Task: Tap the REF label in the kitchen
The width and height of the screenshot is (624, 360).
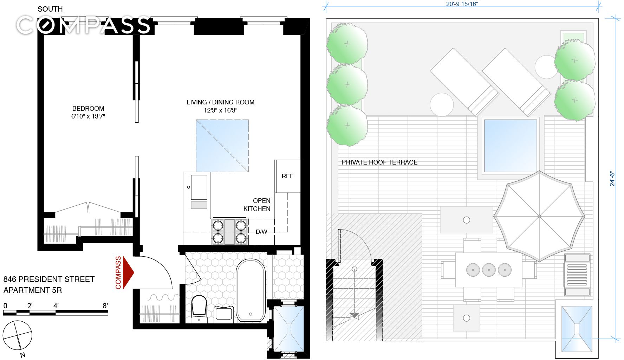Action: (287, 176)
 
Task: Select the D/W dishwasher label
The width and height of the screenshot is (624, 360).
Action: (261, 232)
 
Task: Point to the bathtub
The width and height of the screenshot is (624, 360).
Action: (251, 290)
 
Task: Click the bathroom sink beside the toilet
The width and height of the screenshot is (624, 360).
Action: (224, 313)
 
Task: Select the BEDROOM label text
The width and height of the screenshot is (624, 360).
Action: (88, 109)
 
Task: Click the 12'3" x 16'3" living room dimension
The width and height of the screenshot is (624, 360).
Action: (221, 110)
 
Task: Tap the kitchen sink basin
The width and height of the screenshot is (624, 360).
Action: (199, 187)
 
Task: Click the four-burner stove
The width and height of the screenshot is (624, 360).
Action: (229, 232)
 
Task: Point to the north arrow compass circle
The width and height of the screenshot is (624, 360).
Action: (18, 335)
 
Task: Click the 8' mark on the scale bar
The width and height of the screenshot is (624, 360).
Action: (105, 306)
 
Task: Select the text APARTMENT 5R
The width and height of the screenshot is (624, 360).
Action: (33, 290)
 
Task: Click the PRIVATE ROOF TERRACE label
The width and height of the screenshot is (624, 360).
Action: (379, 162)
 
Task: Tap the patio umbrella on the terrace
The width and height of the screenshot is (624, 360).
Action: (539, 216)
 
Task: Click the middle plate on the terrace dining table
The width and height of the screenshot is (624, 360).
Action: (489, 270)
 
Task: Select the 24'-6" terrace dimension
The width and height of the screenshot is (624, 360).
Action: (612, 179)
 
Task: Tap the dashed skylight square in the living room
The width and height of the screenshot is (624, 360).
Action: (222, 146)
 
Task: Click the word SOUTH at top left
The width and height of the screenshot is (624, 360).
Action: (50, 9)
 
